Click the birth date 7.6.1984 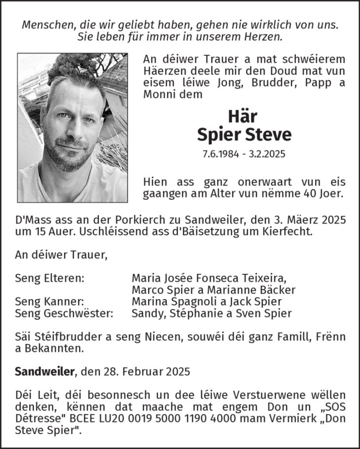pos(220,154)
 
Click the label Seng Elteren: pos(50,278)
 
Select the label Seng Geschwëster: pos(64,313)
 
